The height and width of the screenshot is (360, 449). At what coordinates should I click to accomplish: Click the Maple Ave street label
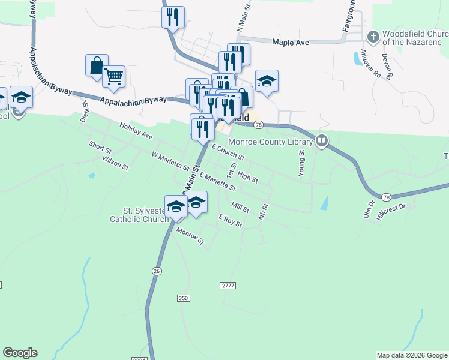coord(291,42)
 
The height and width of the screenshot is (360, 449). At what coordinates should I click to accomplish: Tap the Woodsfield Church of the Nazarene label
coord(411,38)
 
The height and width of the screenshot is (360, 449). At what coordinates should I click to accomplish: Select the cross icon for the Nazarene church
coord(373,37)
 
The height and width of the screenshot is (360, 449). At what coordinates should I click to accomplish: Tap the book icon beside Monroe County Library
coord(322,142)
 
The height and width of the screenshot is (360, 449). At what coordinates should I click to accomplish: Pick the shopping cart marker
coord(113,76)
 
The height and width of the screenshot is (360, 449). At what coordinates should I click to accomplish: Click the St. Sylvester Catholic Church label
coord(139,215)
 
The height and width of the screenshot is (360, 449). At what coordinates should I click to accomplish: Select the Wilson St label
coord(115,162)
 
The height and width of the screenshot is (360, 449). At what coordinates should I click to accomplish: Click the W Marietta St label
coord(170,160)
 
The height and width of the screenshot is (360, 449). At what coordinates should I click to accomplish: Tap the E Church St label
coord(228,152)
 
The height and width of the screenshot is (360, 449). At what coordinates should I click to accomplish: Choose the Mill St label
coord(240,207)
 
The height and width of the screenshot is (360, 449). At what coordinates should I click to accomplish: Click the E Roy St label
coord(230,221)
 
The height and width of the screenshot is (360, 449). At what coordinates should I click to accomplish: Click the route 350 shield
coord(184,298)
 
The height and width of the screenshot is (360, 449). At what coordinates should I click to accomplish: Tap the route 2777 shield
coord(227,285)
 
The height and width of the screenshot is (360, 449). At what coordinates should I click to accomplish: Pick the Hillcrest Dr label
coord(391,212)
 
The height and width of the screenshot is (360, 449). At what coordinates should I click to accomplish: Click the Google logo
coord(20,353)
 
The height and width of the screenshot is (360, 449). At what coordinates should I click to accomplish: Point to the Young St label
coord(301,163)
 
